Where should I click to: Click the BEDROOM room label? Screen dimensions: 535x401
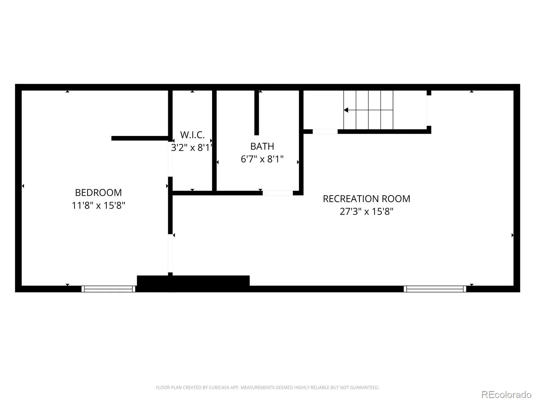pyautogui.click(x=98, y=192)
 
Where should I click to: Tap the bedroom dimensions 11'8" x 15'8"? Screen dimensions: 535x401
pyautogui.click(x=98, y=205)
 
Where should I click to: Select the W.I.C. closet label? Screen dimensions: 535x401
pyautogui.click(x=192, y=135)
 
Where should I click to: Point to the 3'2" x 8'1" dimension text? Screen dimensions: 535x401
pyautogui.click(x=192, y=148)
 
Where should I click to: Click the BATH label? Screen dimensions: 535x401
pyautogui.click(x=262, y=146)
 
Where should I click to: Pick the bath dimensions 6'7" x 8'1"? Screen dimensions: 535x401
pyautogui.click(x=262, y=159)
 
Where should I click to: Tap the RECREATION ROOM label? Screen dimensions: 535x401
pyautogui.click(x=366, y=199)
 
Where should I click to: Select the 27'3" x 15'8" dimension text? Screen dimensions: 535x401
pyautogui.click(x=366, y=211)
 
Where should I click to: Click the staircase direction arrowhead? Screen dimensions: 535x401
pyautogui.click(x=346, y=110)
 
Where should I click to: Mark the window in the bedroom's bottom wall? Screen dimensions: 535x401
pyautogui.click(x=108, y=289)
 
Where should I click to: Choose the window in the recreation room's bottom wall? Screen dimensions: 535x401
pyautogui.click(x=435, y=289)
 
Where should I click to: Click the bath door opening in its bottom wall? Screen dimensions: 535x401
pyautogui.click(x=278, y=193)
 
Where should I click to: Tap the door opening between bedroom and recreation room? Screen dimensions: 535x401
pyautogui.click(x=171, y=253)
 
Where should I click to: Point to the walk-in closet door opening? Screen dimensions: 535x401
pyautogui.click(x=171, y=159)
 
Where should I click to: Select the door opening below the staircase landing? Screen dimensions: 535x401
pyautogui.click(x=325, y=132)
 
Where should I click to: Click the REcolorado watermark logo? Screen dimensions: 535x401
pyautogui.click(x=506, y=394)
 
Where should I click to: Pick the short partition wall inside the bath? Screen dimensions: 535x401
pyautogui.click(x=256, y=113)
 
